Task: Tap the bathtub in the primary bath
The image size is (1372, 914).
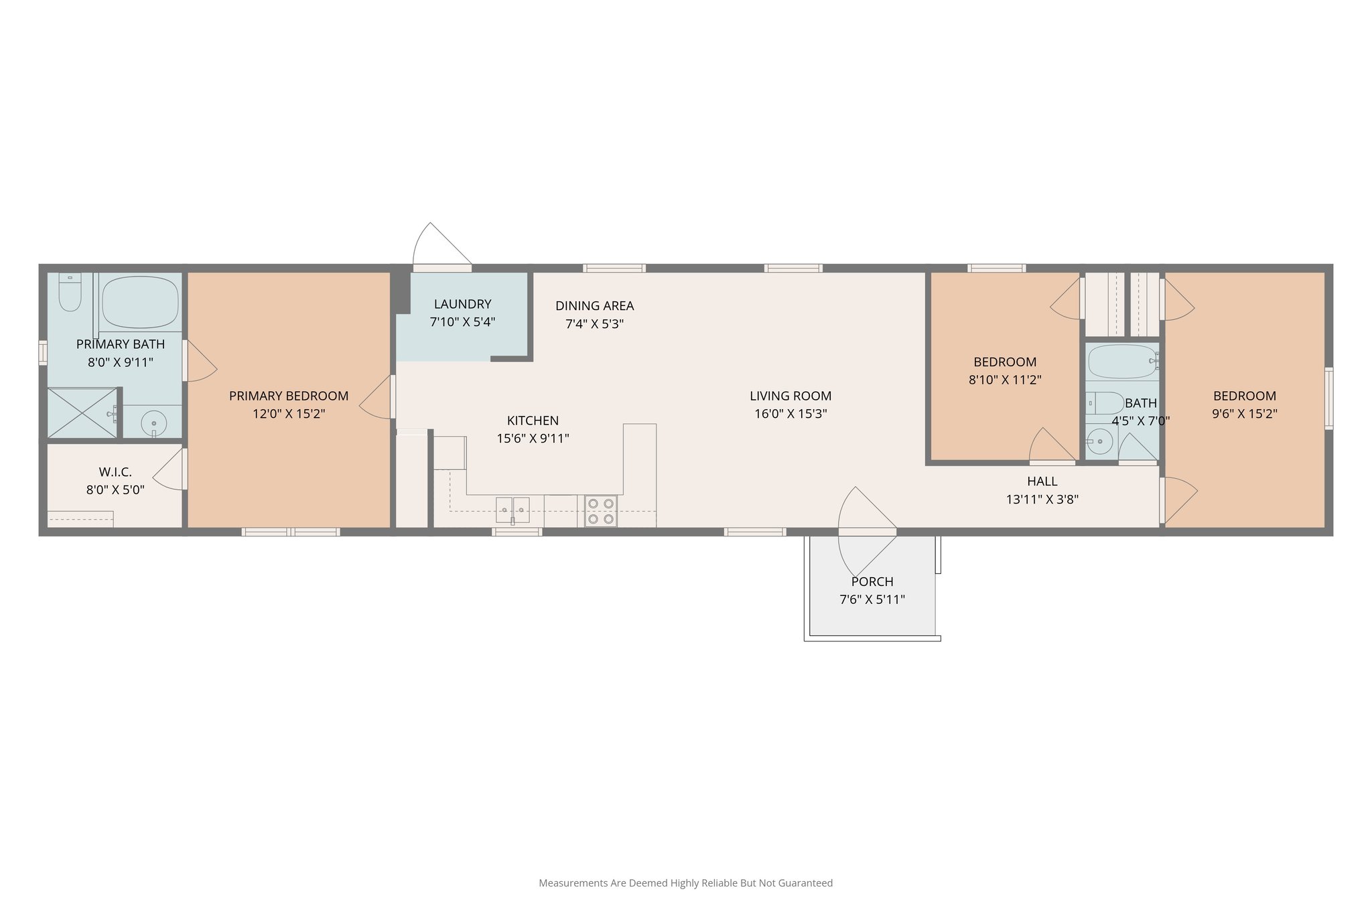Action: tap(140, 301)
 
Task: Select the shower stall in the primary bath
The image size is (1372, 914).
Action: tap(81, 413)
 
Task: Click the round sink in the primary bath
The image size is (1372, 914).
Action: tap(154, 424)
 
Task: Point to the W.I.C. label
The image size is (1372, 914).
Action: tap(115, 472)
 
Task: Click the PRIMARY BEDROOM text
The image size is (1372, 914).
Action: tap(289, 396)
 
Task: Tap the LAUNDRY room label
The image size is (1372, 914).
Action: tap(462, 304)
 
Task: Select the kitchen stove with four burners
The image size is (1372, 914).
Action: tap(601, 511)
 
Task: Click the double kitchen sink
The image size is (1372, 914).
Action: tap(512, 510)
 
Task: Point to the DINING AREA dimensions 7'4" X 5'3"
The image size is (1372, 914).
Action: tap(595, 324)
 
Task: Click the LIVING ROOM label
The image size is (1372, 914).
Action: tap(791, 396)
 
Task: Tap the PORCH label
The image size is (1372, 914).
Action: tap(872, 581)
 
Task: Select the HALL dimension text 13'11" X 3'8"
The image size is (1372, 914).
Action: tap(1042, 499)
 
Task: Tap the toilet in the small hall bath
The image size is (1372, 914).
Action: tap(1105, 403)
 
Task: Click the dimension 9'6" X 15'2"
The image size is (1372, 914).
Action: tap(1244, 414)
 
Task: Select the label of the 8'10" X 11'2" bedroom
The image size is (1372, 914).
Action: tap(1004, 362)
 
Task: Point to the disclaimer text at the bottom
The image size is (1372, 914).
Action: tap(685, 883)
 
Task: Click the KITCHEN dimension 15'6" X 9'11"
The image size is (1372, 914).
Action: tap(533, 439)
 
